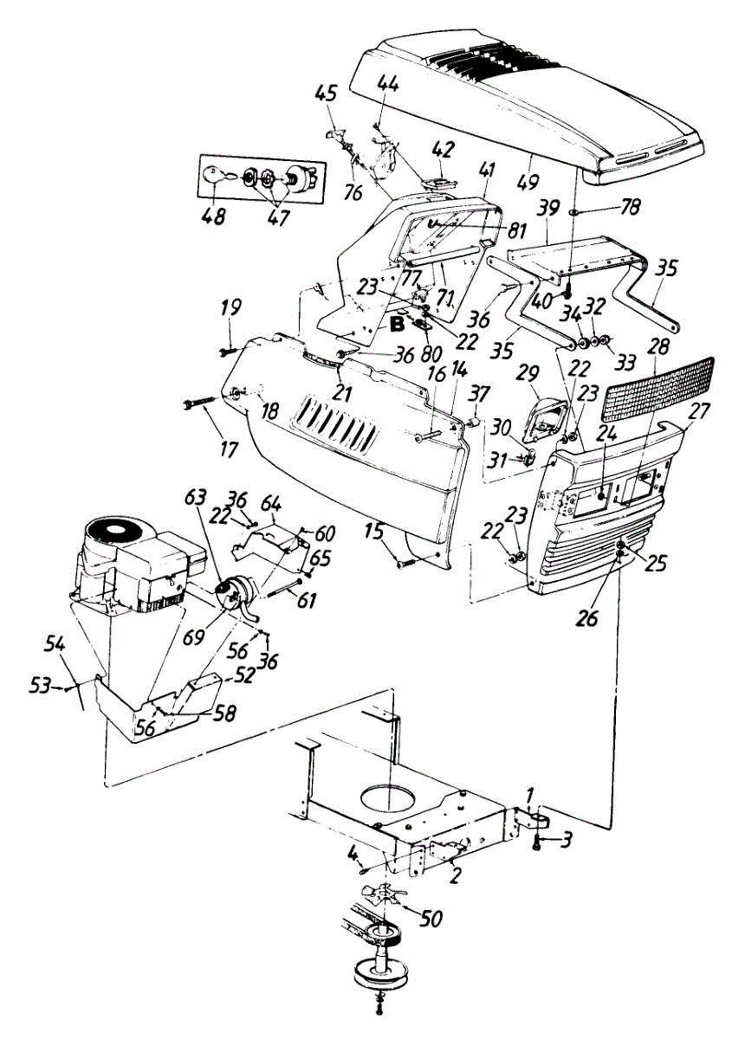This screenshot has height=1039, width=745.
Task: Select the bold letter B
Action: point(397,326)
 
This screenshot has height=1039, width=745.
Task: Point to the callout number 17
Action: point(229,449)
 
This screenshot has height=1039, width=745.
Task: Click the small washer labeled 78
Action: point(574,212)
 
